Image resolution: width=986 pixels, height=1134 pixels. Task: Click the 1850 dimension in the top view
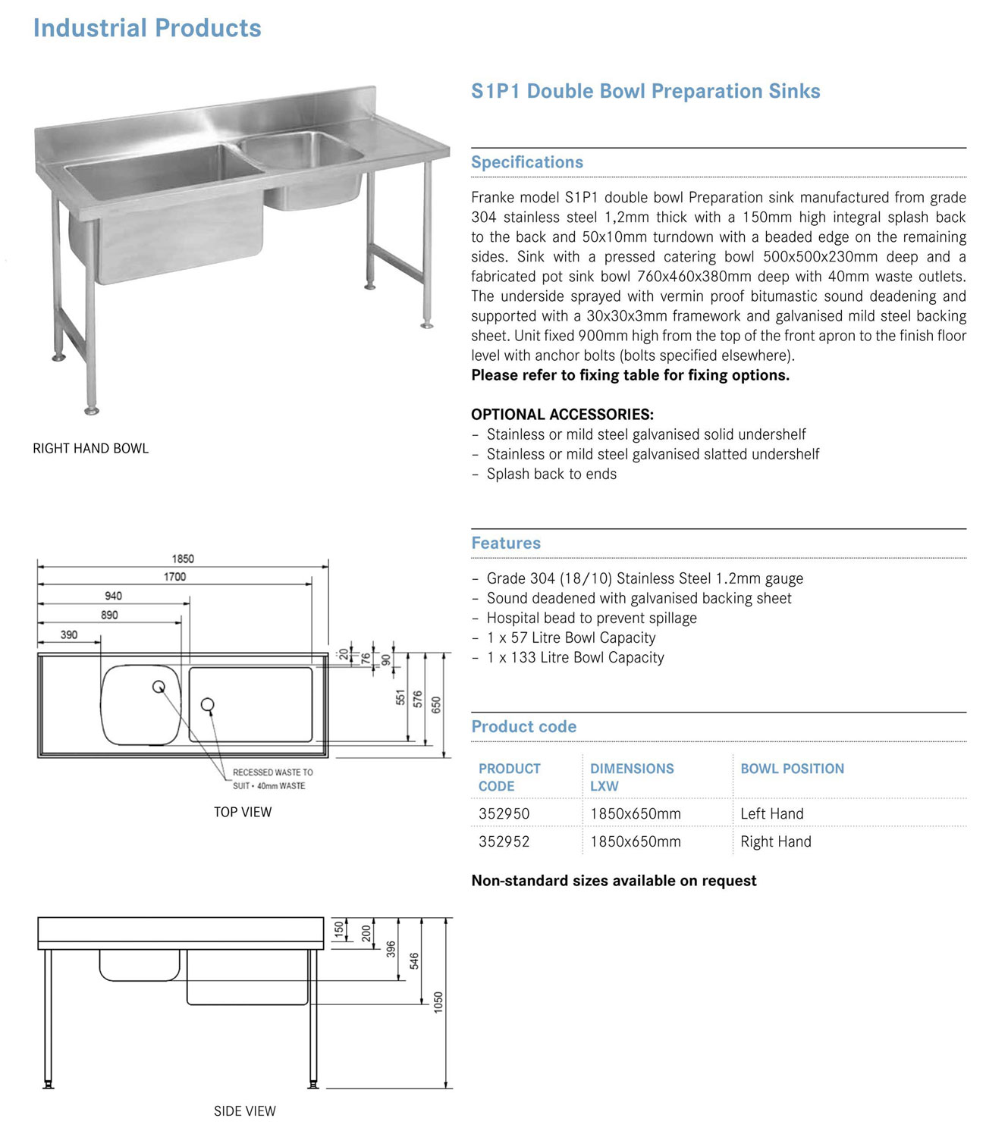click(x=183, y=559)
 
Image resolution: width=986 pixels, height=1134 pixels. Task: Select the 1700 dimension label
click(x=174, y=577)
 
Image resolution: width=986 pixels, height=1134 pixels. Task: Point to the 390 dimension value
click(x=69, y=634)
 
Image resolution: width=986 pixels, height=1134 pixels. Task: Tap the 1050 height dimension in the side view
click(x=438, y=1002)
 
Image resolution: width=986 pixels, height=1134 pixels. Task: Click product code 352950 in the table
click(x=504, y=813)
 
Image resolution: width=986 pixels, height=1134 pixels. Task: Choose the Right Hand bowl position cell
click(x=775, y=841)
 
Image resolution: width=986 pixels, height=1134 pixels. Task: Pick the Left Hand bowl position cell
click(x=771, y=813)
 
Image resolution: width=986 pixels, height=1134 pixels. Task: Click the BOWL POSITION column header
click(x=792, y=769)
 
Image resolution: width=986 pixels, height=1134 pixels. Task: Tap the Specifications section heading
click(x=527, y=162)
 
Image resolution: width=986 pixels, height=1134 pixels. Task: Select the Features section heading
click(x=506, y=543)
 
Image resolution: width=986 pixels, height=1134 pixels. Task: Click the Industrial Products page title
click(x=147, y=28)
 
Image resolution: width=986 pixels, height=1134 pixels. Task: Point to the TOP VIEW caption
click(x=243, y=812)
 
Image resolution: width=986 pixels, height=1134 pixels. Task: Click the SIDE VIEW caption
click(x=245, y=1111)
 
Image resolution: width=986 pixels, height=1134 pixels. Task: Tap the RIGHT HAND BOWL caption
click(x=91, y=449)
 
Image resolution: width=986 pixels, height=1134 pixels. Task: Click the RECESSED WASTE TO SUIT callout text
click(x=272, y=779)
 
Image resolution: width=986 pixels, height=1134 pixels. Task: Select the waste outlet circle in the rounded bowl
click(x=159, y=687)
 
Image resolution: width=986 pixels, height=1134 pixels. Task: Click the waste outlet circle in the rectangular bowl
click(x=207, y=705)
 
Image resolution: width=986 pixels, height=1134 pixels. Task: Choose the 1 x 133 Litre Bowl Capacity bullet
click(x=575, y=658)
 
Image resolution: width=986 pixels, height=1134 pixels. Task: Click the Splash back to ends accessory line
click(x=551, y=475)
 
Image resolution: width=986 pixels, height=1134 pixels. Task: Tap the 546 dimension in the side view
click(x=414, y=961)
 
